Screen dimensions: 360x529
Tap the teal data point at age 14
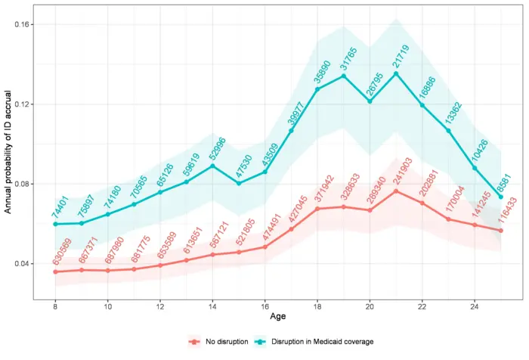pyautogui.click(x=212, y=166)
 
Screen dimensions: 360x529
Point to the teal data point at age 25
pyautogui.click(x=500, y=197)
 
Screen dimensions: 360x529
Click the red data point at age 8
pyautogui.click(x=55, y=272)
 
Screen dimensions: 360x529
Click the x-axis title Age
pyautogui.click(x=277, y=320)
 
